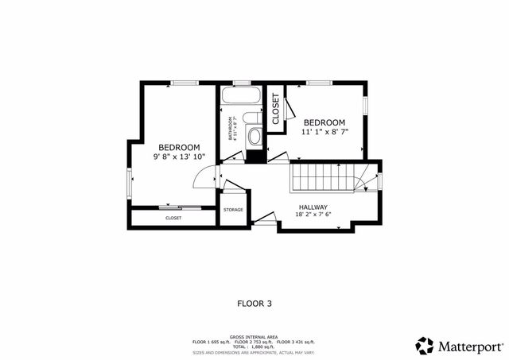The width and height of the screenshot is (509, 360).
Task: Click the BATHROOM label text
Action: tap(231, 129)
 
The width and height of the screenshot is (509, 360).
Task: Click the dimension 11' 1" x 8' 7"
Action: tap(324, 131)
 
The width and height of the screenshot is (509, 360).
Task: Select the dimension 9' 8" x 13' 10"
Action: tap(179, 157)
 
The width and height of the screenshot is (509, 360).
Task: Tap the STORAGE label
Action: tap(233, 210)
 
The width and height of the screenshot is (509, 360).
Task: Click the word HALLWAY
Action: tap(313, 207)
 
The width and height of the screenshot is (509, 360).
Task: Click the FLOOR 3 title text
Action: tap(254, 303)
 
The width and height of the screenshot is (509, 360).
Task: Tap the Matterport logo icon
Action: tap(425, 346)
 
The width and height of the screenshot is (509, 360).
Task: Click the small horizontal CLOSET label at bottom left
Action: tap(173, 218)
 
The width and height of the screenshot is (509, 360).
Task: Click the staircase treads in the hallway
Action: tap(321, 176)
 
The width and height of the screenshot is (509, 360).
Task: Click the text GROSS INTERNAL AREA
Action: tap(254, 337)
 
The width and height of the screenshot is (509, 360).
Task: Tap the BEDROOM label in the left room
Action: tap(179, 147)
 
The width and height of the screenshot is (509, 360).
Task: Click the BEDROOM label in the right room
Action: tap(324, 122)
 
